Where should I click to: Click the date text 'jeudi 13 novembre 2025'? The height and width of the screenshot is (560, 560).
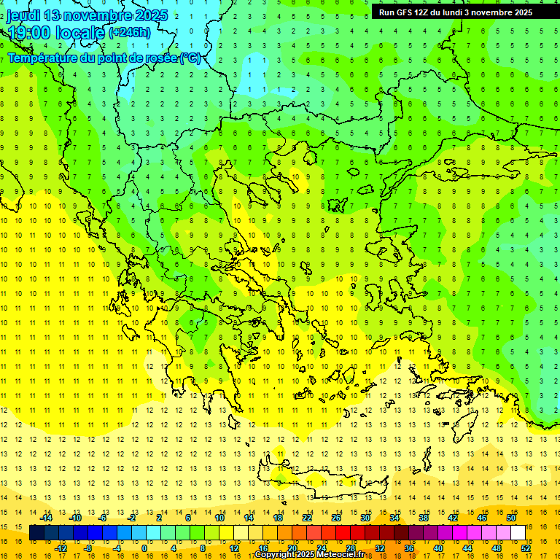point(87,15)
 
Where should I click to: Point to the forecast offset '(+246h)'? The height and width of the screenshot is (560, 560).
point(130,33)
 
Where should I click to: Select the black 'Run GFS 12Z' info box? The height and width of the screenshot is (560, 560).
point(455,12)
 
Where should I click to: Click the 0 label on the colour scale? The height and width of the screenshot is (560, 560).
point(144,548)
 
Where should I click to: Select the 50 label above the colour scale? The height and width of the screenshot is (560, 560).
point(511,518)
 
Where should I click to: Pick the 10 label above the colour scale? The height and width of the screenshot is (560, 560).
point(219,518)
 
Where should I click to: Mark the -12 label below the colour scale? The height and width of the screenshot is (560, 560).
point(61,548)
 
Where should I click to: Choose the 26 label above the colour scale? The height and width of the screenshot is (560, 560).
point(336,518)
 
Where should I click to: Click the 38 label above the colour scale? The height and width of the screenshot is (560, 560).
point(424,518)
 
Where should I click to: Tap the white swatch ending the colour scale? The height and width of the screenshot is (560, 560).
point(518,533)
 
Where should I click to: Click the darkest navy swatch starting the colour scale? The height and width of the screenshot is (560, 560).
point(36,533)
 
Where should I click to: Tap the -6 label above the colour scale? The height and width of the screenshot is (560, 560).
point(103,518)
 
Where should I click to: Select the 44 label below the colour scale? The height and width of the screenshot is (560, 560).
point(467,548)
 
